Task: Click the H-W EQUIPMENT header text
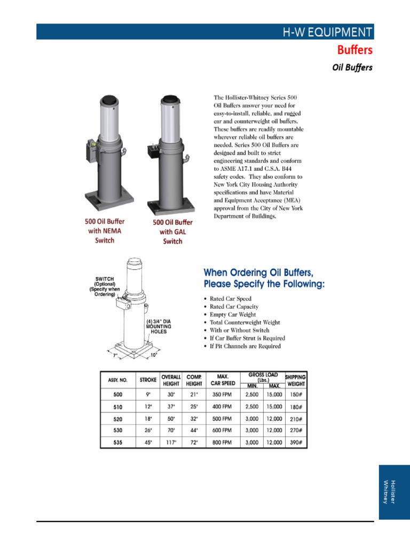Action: click(327, 32)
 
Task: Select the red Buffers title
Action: click(354, 50)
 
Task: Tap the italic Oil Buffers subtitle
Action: click(352, 68)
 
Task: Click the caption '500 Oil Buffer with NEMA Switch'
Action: click(105, 230)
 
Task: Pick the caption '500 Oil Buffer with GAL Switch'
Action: click(172, 231)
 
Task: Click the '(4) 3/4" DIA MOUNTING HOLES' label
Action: click(158, 326)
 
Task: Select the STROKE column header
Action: click(148, 380)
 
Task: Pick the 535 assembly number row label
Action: click(117, 442)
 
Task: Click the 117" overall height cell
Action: click(171, 442)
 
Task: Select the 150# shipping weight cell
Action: click(295, 395)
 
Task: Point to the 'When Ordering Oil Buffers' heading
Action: click(264, 278)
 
